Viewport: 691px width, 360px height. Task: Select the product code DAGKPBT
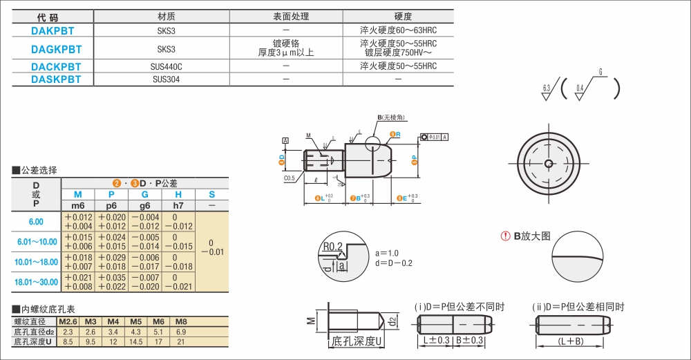[x=56, y=49]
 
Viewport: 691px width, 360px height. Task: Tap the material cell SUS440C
[x=166, y=66]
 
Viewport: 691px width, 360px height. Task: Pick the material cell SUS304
[x=166, y=79]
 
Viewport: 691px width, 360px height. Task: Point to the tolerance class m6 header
[x=78, y=206]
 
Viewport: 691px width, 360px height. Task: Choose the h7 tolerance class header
[x=178, y=206]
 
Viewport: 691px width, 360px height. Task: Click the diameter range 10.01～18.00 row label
[x=37, y=262]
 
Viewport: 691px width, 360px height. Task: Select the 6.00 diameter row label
[x=36, y=222]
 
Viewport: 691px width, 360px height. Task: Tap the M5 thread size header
[x=136, y=322]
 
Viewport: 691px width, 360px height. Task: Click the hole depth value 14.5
[x=136, y=341]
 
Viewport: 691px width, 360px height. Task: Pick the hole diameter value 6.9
[x=181, y=332]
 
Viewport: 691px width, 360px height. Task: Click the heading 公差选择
[x=39, y=170]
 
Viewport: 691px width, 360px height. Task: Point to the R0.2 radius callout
[x=332, y=247]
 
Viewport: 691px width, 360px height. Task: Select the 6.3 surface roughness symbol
[x=547, y=88]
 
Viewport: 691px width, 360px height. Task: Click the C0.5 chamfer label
[x=290, y=178]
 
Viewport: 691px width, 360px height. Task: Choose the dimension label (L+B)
[x=571, y=341]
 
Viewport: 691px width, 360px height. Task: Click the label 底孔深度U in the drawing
[x=357, y=341]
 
